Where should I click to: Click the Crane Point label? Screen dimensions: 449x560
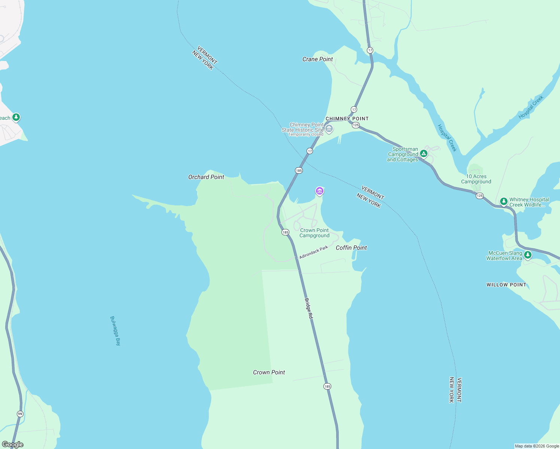coord(317,59)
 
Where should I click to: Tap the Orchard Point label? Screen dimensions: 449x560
coord(206,177)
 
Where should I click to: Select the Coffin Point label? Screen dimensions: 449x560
coord(351,248)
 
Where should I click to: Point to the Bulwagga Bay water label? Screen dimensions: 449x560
coord(115,331)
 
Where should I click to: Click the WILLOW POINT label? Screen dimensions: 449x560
coord(506,285)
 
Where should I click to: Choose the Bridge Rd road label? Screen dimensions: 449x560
coord(308,308)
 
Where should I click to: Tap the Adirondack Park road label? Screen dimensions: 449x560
coord(314,252)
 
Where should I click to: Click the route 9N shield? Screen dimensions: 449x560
coord(20,414)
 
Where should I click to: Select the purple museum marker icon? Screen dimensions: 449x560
coord(319,191)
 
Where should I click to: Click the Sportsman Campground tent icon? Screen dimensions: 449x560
coord(423,153)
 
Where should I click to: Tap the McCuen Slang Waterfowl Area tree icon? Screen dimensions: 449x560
coord(527,255)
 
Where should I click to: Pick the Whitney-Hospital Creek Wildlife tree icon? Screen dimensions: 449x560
coord(504,202)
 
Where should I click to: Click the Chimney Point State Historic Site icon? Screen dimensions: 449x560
coord(329,129)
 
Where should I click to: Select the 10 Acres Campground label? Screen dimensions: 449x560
coord(476,179)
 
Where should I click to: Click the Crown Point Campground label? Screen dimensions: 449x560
coord(314,233)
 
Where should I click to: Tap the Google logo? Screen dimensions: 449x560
coord(13,445)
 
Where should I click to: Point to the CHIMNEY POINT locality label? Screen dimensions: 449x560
coord(347,119)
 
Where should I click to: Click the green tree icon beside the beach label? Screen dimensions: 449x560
coord(16,117)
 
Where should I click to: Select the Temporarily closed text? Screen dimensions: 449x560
coord(305,135)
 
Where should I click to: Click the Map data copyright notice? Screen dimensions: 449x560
coord(537,446)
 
